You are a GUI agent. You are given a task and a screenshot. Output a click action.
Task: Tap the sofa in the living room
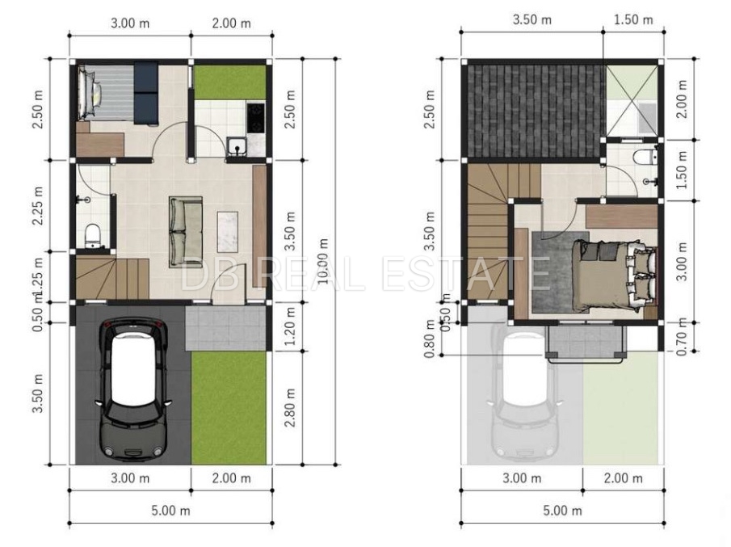click(x=186, y=232)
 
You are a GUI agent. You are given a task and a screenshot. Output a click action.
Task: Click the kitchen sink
click(x=237, y=145)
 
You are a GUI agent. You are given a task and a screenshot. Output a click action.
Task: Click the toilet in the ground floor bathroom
click(x=92, y=235)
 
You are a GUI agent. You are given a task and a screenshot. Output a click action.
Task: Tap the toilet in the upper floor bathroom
click(x=645, y=157)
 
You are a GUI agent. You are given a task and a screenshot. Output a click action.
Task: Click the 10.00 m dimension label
click(x=322, y=261)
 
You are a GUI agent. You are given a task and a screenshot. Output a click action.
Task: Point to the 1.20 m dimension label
click(x=290, y=326)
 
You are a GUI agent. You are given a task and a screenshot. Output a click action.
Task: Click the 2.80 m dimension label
click(x=290, y=407)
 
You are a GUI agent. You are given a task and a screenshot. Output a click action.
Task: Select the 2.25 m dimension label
click(x=37, y=206)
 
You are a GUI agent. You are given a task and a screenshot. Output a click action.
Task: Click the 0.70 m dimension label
click(x=682, y=336)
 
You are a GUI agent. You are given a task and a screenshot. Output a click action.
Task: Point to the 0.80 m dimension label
click(x=430, y=339)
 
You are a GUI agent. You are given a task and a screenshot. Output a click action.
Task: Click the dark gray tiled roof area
click(x=534, y=111)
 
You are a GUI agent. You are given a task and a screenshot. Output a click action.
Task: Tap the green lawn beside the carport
click(x=229, y=407)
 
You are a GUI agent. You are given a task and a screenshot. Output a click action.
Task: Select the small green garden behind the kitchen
click(x=230, y=82)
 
